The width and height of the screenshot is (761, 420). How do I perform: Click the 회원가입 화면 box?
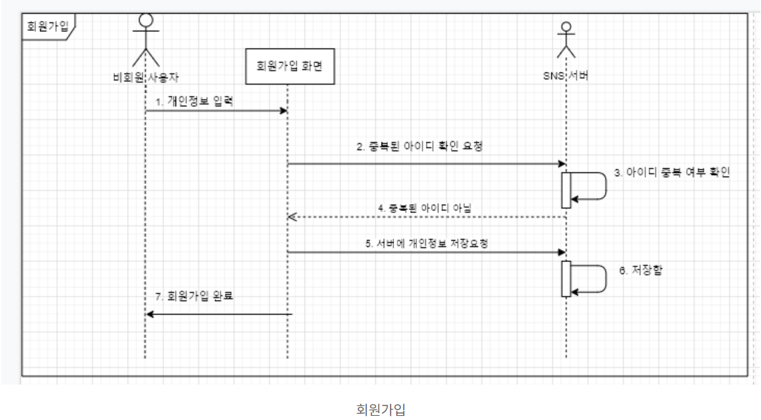tap(287, 67)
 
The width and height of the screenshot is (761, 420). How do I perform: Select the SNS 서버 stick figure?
tap(566, 40)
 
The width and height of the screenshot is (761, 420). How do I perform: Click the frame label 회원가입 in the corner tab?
tap(46, 28)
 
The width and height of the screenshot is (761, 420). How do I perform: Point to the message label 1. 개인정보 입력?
tap(194, 101)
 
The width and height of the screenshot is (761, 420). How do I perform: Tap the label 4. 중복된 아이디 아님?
tap(422, 206)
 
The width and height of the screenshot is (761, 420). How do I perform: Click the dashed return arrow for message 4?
tap(427, 217)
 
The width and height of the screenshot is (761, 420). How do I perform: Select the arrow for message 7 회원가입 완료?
tap(219, 314)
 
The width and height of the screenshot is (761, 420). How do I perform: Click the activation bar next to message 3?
tap(566, 189)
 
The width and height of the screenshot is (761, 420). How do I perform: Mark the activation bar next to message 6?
tap(566, 279)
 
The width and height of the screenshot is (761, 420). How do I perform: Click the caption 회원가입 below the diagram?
tap(380, 410)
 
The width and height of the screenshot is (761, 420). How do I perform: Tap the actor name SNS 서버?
tap(566, 76)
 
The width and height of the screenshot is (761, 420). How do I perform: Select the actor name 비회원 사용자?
tap(145, 76)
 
